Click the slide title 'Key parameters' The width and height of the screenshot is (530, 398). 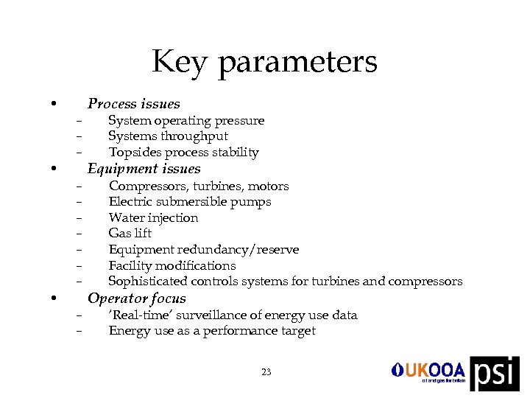pos(264,62)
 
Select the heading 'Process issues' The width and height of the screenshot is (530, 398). pos(133,104)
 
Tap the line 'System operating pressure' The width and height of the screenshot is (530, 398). pos(186,120)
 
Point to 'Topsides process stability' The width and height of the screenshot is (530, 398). pos(183,153)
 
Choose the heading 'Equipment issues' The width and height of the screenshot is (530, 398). pos(144,169)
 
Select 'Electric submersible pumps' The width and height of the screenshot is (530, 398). pos(189,202)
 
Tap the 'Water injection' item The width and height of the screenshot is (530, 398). pos(153,217)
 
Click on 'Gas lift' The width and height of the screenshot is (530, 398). pos(130,234)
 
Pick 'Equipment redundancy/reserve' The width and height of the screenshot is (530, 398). pos(203,249)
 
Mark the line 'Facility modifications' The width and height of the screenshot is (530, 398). pos(172,265)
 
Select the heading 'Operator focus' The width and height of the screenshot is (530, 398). pos(136,298)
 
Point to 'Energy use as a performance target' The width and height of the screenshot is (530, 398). pos(211,331)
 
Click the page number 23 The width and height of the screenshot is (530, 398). pos(266,372)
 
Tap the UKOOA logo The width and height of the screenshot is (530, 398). pos(429,371)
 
